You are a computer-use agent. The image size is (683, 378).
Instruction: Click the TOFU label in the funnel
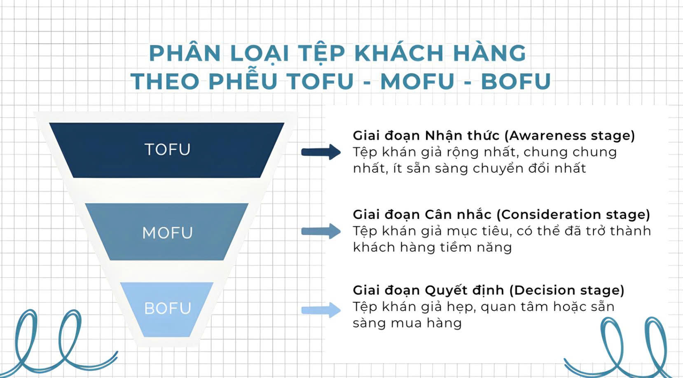coord(167,149)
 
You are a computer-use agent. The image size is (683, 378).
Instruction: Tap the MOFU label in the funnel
coord(167,233)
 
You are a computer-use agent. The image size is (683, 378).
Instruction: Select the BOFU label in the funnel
coord(168,308)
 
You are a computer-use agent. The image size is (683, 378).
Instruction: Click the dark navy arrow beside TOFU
coord(321,152)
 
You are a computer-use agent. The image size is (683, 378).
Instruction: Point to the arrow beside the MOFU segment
coord(321,231)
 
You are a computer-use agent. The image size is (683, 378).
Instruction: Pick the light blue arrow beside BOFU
coord(321,310)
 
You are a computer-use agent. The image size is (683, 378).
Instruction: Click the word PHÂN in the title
coord(185,53)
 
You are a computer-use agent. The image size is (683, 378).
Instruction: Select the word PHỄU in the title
coord(243,81)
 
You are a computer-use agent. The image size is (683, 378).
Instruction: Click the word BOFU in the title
coord(516,81)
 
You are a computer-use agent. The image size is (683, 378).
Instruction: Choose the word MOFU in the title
coord(417,81)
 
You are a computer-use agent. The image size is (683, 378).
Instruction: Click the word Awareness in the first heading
coord(547,136)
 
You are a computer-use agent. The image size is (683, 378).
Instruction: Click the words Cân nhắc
coord(458,214)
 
